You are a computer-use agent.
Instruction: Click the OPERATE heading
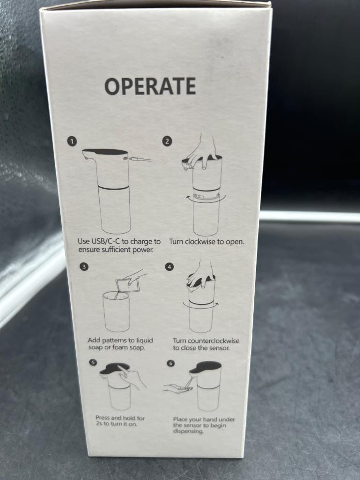pos(150,86)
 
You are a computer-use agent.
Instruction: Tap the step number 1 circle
pos(72,141)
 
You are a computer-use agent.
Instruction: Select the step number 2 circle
pos(167,141)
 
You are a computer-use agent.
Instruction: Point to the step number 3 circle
pos(84,266)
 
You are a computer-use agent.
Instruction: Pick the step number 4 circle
pos(169,266)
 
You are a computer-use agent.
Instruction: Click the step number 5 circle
pos(93,362)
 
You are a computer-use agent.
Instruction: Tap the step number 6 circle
pos(171,363)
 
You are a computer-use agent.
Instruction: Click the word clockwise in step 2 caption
pos(200,242)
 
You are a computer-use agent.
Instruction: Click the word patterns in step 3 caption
pos(114,340)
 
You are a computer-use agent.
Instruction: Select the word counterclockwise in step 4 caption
pos(213,341)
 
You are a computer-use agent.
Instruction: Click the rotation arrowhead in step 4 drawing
pos(217,304)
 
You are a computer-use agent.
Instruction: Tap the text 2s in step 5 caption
pos(99,424)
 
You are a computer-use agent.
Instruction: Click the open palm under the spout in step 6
pos(177,388)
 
